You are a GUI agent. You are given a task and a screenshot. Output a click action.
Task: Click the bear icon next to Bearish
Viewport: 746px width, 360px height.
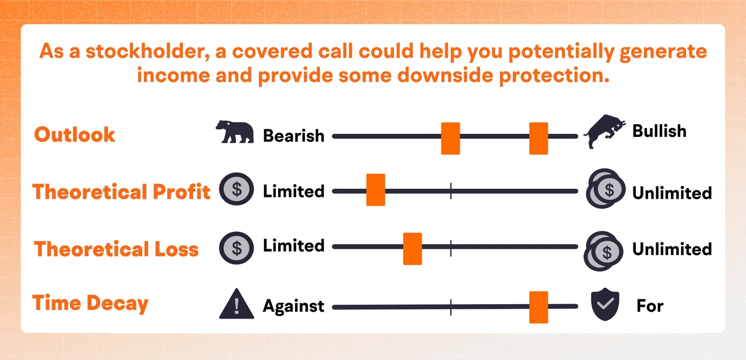tap(234, 132)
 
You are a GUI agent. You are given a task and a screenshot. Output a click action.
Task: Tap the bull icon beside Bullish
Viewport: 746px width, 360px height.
tap(604, 130)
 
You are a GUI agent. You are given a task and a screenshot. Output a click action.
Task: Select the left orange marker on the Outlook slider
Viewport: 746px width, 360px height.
tap(451, 138)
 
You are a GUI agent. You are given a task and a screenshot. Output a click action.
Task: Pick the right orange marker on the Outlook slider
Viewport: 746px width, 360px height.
tap(539, 138)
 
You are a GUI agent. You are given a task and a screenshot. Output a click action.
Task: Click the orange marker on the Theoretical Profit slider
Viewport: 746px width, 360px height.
tap(375, 189)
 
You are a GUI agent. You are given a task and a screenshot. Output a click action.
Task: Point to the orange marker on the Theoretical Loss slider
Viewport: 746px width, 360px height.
tap(413, 249)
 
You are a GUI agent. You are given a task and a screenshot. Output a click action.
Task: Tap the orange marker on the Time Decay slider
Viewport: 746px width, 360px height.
tap(539, 307)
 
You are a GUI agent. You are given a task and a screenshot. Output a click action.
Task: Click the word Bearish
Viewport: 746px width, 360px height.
tap(294, 136)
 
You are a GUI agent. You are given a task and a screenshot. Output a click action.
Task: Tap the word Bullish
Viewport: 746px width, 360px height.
tap(659, 130)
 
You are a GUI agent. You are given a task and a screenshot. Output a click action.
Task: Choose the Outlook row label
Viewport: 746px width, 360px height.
tap(75, 135)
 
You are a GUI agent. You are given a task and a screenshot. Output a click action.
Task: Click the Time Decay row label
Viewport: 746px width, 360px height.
tap(90, 303)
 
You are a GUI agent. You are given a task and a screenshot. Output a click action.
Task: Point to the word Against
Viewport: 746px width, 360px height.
tap(293, 306)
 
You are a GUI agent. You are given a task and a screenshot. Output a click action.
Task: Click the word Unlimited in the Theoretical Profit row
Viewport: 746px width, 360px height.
tap(672, 192)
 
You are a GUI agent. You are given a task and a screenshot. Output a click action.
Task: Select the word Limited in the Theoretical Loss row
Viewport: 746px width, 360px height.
tap(294, 246)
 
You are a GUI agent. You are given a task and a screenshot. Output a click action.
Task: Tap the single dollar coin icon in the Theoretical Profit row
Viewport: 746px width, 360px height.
tap(236, 189)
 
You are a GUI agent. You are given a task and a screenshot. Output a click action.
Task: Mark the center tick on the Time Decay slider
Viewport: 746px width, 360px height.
tap(451, 306)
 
